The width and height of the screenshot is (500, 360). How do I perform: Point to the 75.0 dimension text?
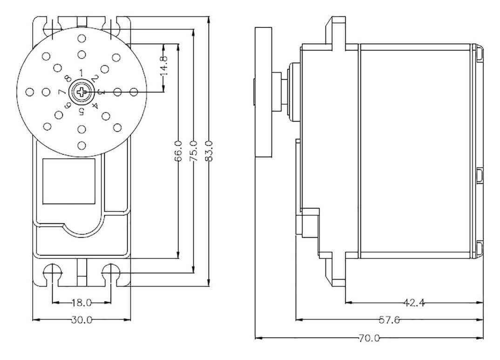click(193, 151)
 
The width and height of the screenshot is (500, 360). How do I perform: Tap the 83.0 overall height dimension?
click(209, 151)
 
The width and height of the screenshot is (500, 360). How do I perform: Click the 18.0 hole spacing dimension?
click(81, 302)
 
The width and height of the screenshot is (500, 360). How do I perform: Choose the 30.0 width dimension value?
click(81, 320)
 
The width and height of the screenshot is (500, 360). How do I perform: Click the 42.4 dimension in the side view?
click(414, 303)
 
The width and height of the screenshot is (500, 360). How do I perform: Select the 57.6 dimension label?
click(389, 320)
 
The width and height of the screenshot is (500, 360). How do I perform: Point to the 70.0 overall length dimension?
click(369, 338)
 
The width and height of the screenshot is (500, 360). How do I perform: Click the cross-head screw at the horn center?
click(81, 93)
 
